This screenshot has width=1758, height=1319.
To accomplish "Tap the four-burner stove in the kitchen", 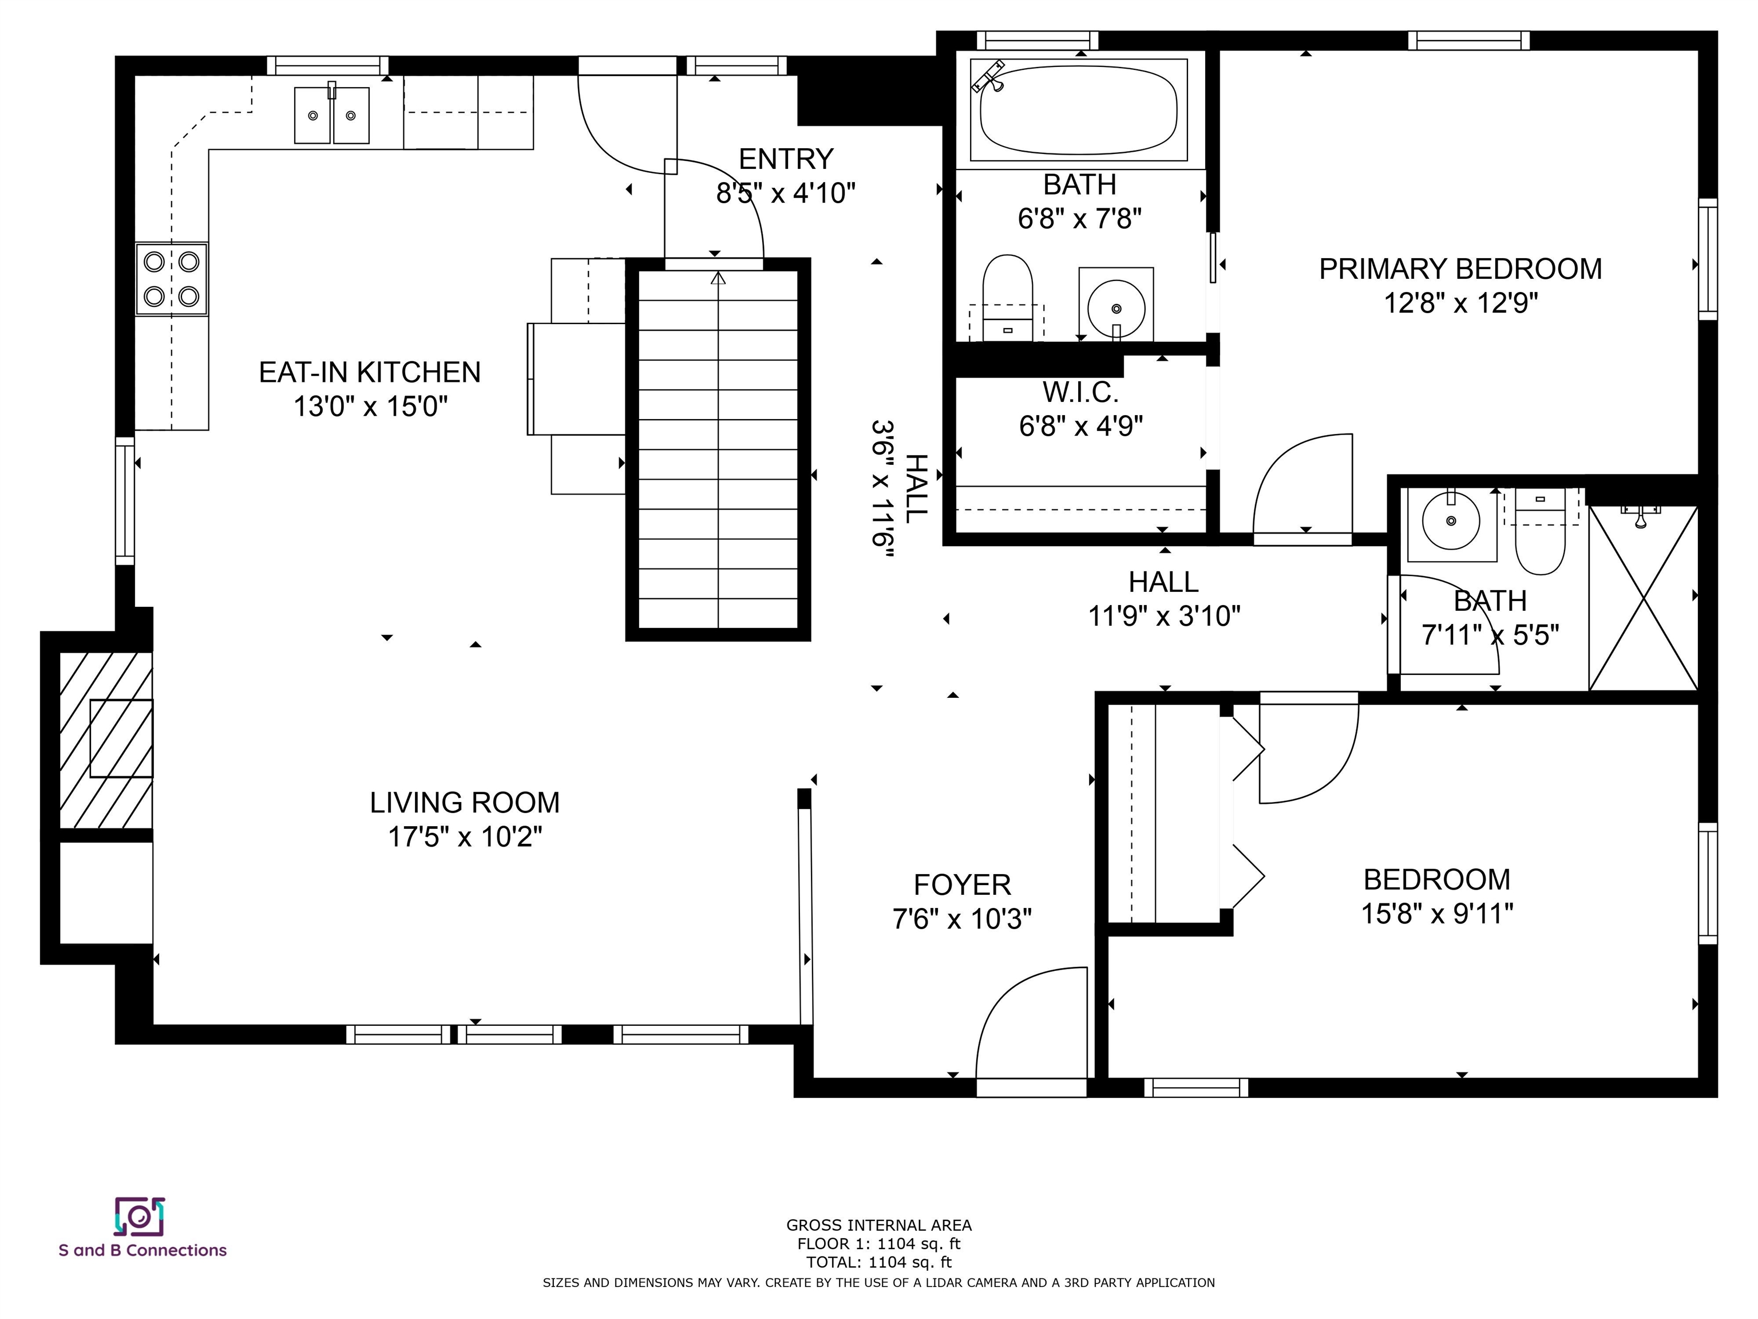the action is [172, 279].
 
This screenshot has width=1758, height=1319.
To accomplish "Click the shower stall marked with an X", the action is [1643, 598].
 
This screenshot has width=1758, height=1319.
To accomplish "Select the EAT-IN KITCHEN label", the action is [370, 372].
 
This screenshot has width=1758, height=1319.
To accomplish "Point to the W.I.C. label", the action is [1081, 392].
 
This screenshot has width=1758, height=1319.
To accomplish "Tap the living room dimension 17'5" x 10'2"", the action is [465, 837].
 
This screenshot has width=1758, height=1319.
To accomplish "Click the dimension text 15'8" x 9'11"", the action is [1437, 914].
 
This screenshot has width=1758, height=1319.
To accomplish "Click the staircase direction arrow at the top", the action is [718, 278].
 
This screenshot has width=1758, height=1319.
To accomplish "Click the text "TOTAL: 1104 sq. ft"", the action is [878, 1262].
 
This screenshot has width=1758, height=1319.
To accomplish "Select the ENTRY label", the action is [786, 159].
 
